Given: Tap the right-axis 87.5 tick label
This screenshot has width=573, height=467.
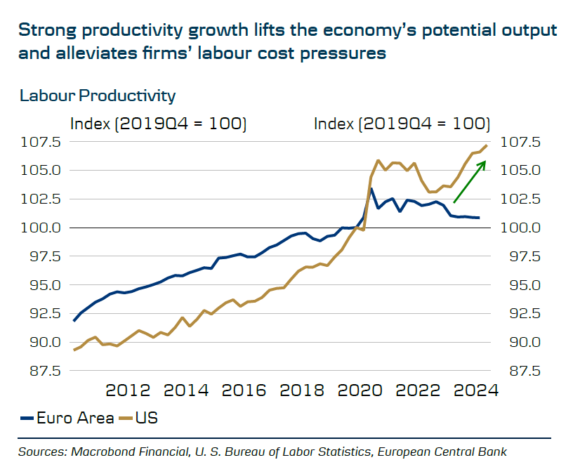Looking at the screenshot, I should [520, 371].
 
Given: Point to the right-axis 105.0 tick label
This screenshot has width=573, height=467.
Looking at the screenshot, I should [520, 171].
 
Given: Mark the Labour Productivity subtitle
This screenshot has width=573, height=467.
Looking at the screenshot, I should [98, 96].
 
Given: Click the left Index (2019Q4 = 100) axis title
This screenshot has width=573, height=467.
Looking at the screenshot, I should [159, 124].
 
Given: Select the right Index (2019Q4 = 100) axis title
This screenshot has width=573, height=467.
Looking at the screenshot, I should [402, 124].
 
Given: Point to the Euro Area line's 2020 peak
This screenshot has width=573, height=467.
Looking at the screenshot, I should [371, 188].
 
